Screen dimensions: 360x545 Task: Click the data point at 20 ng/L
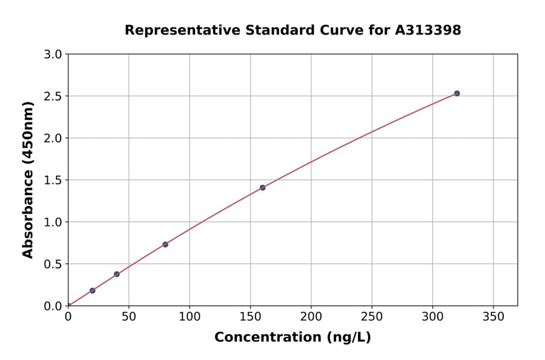(92, 290)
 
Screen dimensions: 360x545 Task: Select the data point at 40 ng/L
(117, 274)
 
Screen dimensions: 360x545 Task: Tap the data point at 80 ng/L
(165, 244)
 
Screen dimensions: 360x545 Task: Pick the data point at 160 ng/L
(262, 187)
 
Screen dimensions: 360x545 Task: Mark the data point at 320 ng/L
(457, 93)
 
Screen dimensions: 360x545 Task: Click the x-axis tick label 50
(128, 317)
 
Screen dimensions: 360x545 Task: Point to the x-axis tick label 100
(190, 317)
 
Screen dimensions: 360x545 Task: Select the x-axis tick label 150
(250, 317)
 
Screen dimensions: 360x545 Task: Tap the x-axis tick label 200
(311, 317)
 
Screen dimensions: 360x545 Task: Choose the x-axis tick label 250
(372, 317)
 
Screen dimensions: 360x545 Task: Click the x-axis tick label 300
(432, 317)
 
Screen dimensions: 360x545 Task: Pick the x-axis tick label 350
(494, 317)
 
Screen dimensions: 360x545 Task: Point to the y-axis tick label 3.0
(52, 55)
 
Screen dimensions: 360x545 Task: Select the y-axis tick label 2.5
(52, 96)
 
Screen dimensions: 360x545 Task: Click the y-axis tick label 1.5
(52, 180)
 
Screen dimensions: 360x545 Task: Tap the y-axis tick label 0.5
(52, 264)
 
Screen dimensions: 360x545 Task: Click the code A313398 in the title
(428, 30)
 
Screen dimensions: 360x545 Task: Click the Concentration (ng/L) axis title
(292, 337)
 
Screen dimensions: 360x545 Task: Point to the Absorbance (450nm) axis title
(28, 180)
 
